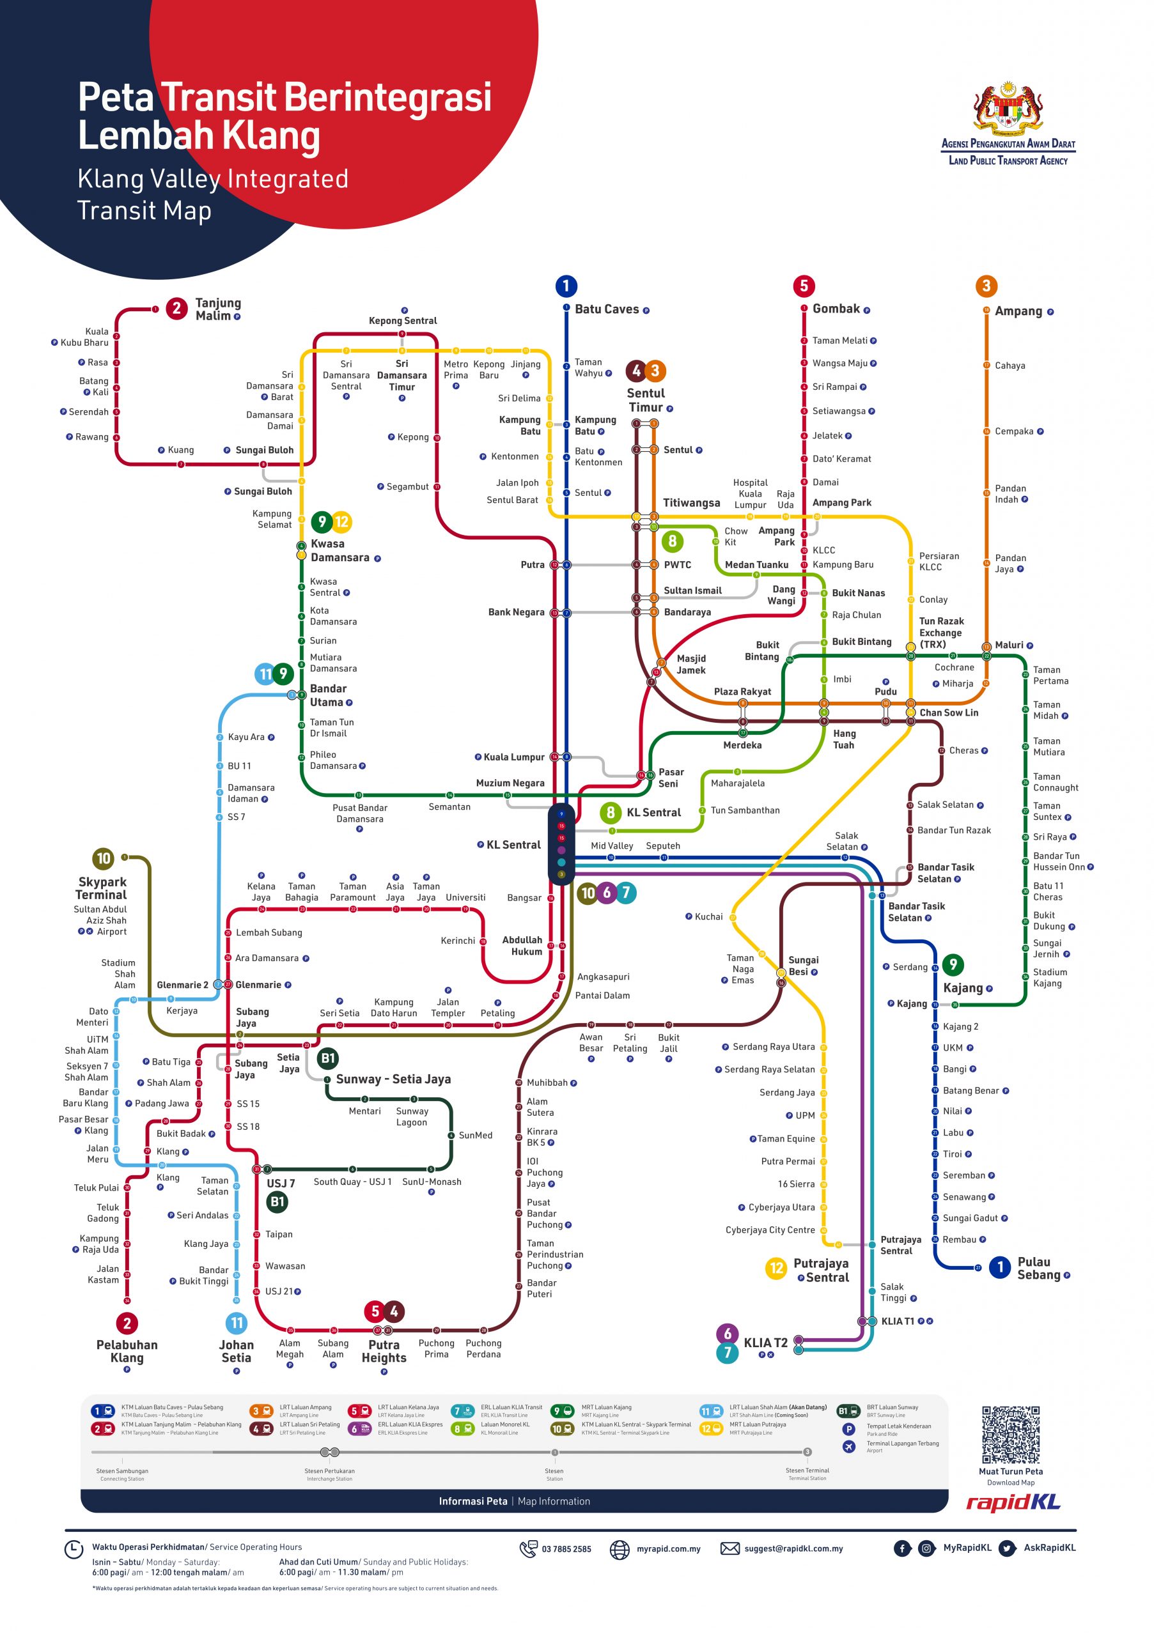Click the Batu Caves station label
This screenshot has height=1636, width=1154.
click(606, 309)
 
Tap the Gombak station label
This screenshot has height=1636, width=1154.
click(836, 309)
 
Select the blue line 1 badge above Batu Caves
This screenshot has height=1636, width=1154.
click(565, 286)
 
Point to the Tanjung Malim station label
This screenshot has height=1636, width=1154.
click(217, 309)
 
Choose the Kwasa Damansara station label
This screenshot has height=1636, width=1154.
click(339, 550)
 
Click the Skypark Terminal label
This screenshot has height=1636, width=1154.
click(102, 888)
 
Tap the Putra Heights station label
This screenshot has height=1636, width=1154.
click(384, 1350)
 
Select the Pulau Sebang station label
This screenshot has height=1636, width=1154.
click(1038, 1269)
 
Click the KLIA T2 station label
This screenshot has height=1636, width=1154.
click(765, 1343)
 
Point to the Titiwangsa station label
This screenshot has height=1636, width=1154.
click(690, 503)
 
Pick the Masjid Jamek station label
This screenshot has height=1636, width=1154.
click(690, 664)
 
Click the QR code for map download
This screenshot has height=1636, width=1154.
click(1010, 1434)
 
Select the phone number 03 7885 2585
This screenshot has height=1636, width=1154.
click(566, 1549)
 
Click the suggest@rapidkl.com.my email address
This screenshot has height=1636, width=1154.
click(793, 1548)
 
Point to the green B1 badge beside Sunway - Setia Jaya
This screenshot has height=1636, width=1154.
click(327, 1058)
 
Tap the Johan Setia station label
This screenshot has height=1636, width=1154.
click(236, 1351)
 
